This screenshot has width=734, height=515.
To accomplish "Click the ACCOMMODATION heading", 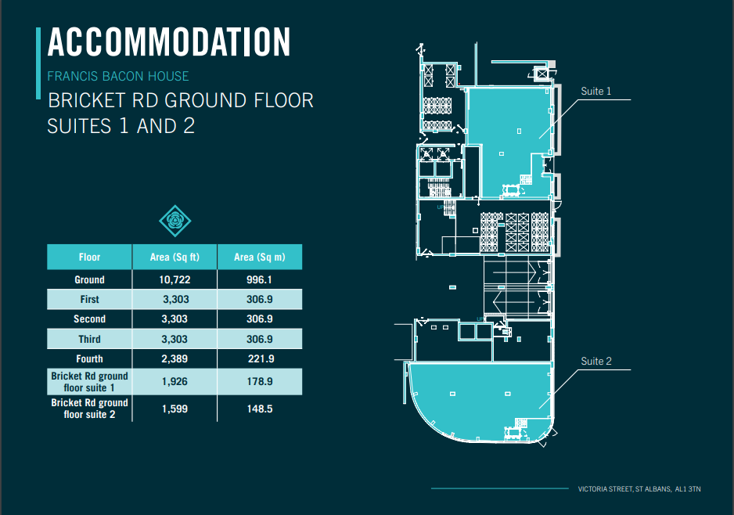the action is point(169,42).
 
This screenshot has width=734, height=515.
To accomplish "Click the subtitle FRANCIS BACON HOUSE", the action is point(118,76).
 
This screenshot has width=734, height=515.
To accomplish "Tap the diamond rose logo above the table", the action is point(175,221).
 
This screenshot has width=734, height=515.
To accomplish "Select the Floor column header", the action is point(89,257).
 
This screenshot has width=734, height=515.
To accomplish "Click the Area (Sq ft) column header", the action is point(175,257).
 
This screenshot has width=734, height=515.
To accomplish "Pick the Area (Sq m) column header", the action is point(259,257).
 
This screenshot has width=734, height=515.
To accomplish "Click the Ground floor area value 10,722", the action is point(175,280).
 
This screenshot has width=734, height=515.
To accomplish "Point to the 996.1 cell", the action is point(259,280).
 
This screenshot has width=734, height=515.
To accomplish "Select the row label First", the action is point(89,299).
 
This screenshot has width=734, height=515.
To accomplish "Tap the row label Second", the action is point(89,319).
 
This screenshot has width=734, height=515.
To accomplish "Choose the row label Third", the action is point(89,339).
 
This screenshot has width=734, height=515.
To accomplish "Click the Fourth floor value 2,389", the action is point(175,359).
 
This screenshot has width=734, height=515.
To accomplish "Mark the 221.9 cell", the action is point(261,359).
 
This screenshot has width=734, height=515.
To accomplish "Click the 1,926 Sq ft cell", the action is point(175,382).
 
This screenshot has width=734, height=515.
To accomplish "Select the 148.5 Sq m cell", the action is point(260,409).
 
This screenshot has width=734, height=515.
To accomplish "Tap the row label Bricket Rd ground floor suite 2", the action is point(89,409).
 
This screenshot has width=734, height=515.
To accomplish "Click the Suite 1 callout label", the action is point(596,92).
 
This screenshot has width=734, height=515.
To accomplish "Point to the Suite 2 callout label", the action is point(596,361).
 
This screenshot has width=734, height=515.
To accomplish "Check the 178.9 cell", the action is point(260,382).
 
